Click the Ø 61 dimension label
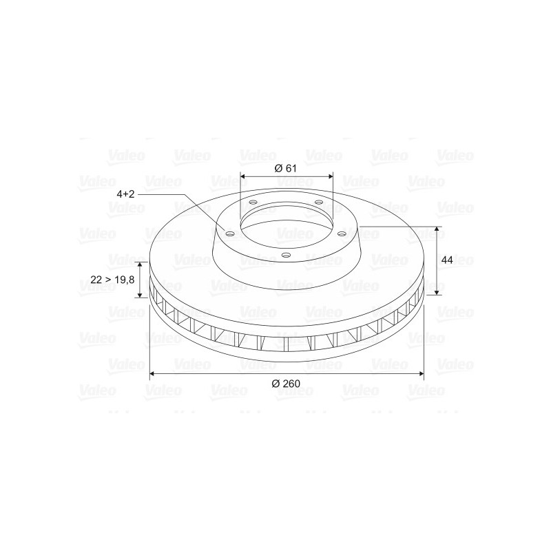point(285,168)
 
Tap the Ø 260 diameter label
point(286,384)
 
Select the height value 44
point(447,260)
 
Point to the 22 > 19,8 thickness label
point(112,280)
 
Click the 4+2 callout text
point(126,194)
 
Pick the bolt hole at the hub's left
point(230,234)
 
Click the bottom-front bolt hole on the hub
point(287,255)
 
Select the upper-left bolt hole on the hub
point(253,202)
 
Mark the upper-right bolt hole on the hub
point(319,202)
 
